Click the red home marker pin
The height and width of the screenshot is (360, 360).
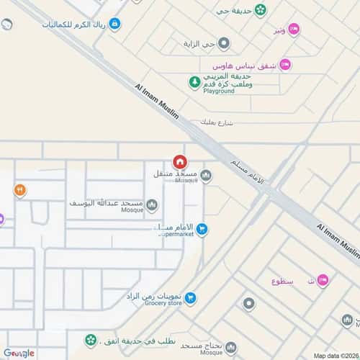(x=179, y=162)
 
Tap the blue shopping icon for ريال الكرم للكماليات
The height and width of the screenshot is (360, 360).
(x=115, y=23)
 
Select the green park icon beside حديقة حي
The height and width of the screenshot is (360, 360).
(x=260, y=11)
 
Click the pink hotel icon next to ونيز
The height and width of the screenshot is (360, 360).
(x=294, y=29)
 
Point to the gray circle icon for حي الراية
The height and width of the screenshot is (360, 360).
(x=225, y=43)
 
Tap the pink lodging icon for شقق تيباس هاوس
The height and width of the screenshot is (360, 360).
(x=284, y=64)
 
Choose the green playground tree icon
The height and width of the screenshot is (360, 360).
(x=194, y=82)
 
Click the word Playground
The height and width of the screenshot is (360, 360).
(x=218, y=92)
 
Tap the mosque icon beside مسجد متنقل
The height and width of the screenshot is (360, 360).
(x=207, y=175)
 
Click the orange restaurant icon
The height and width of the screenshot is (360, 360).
(x=19, y=190)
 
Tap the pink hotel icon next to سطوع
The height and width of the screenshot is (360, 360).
(x=323, y=279)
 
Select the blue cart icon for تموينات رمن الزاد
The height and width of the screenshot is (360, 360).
(x=189, y=297)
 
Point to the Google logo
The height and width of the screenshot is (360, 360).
(x=18, y=353)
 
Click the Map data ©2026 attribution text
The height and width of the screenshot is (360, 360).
(x=335, y=355)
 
